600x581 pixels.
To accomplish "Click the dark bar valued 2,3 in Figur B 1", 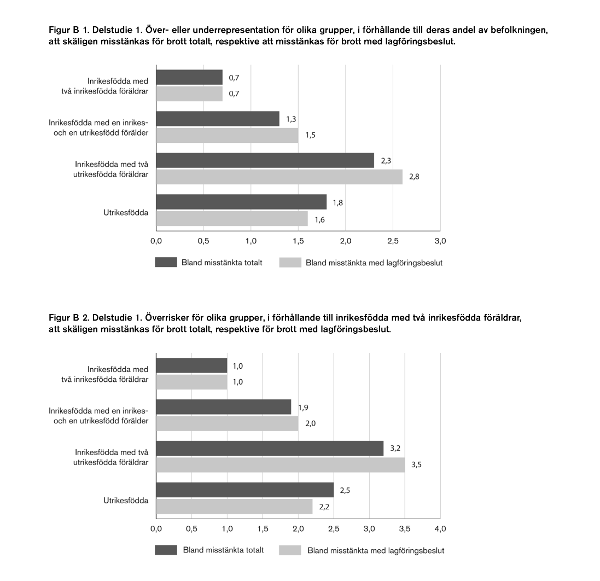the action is (x=265, y=160).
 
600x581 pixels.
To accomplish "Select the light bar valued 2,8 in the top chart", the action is (x=279, y=177).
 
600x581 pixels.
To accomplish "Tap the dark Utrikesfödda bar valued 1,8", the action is (x=241, y=202).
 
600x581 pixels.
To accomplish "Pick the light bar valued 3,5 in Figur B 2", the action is (x=281, y=464).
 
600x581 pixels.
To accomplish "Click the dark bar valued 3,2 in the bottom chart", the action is (x=270, y=448).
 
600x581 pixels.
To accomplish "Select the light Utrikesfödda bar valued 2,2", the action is (x=235, y=507).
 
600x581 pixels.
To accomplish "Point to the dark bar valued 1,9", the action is (x=224, y=407).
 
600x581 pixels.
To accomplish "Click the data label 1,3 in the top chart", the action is (x=291, y=119).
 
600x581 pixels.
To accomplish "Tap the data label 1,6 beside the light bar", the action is (x=319, y=220).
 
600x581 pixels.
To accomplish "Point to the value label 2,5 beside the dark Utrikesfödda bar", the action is (x=345, y=490).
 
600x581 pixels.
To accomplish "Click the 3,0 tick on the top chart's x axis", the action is (x=440, y=241).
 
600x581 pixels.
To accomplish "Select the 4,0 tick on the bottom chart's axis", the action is (x=440, y=529).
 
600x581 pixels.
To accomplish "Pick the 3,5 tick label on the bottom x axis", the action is (x=405, y=529).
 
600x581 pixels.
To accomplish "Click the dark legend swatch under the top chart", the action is (x=166, y=262).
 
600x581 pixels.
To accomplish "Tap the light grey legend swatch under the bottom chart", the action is (x=290, y=550).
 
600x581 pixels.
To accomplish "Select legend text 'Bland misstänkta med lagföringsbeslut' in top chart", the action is (x=374, y=263).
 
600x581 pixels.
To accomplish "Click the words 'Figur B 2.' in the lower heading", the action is (x=69, y=318).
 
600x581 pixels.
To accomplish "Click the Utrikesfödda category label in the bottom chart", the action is (x=126, y=500).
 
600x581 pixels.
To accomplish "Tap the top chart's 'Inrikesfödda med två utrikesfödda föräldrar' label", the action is (x=111, y=169).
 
